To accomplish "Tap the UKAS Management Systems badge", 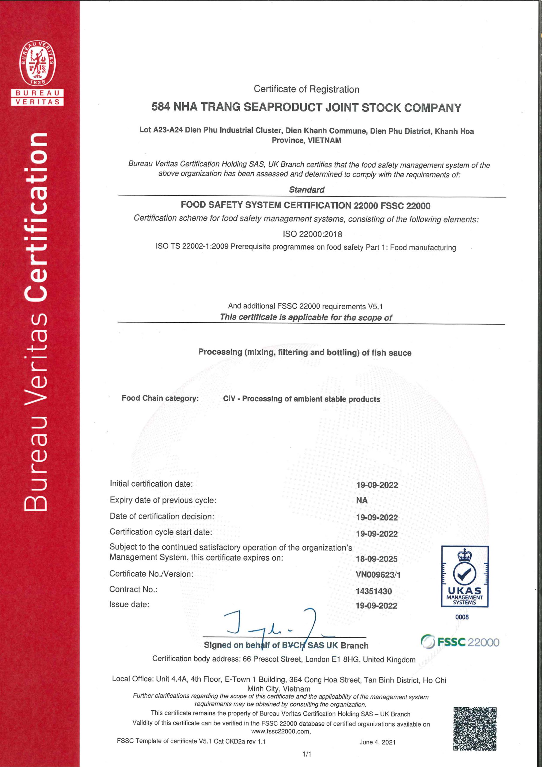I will pyautogui.click(x=464, y=576).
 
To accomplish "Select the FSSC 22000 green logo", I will pyautogui.click(x=460, y=642).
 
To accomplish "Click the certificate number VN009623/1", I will pyautogui.click(x=378, y=575).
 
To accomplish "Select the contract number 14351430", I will pyautogui.click(x=373, y=591).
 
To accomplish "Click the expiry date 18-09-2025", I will pyautogui.click(x=377, y=559).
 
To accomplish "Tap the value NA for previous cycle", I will pyautogui.click(x=362, y=500).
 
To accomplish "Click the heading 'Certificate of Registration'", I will pyautogui.click(x=306, y=89).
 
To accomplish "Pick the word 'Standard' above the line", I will pyautogui.click(x=307, y=190).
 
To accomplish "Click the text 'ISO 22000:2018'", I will pyautogui.click(x=312, y=234).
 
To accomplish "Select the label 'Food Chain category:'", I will pyautogui.click(x=160, y=398).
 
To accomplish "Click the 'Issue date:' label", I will pyautogui.click(x=129, y=604).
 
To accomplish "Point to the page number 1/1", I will pyautogui.click(x=307, y=754).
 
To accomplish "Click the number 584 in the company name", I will pyautogui.click(x=161, y=107).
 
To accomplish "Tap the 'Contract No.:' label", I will pyautogui.click(x=133, y=589).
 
